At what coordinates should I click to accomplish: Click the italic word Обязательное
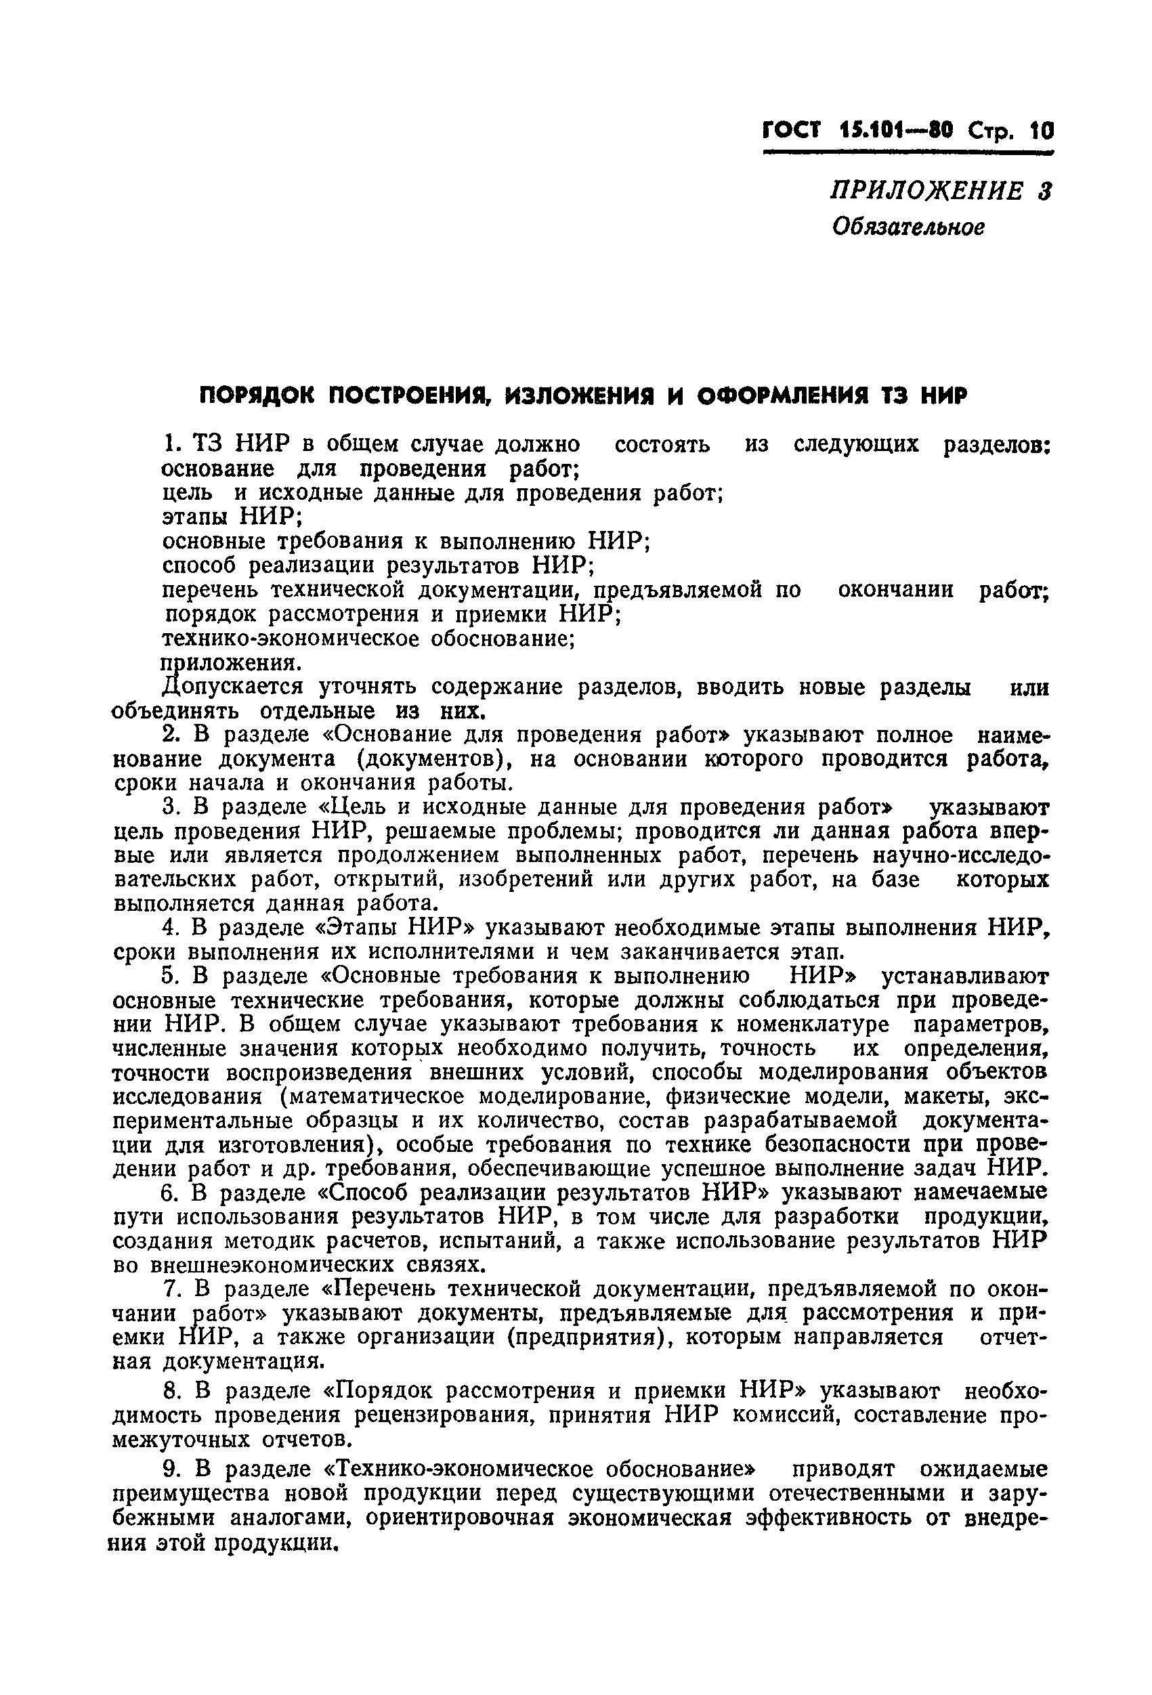pyautogui.click(x=909, y=228)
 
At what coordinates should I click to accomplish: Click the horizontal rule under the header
pyautogui.click(x=908, y=153)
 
